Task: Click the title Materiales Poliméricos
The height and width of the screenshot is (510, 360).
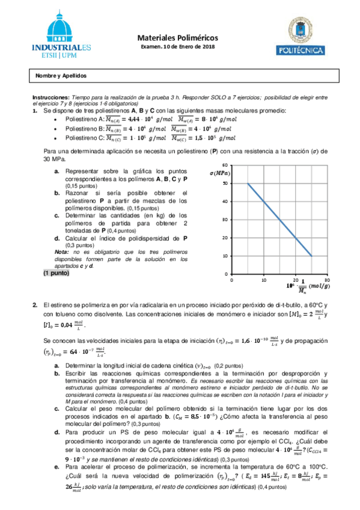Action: (181, 37)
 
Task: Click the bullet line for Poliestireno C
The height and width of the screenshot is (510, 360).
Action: (144, 137)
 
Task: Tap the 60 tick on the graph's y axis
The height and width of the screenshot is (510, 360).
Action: (224, 165)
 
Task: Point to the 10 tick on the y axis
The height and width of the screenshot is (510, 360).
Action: (224, 256)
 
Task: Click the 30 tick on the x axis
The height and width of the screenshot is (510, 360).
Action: (327, 280)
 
